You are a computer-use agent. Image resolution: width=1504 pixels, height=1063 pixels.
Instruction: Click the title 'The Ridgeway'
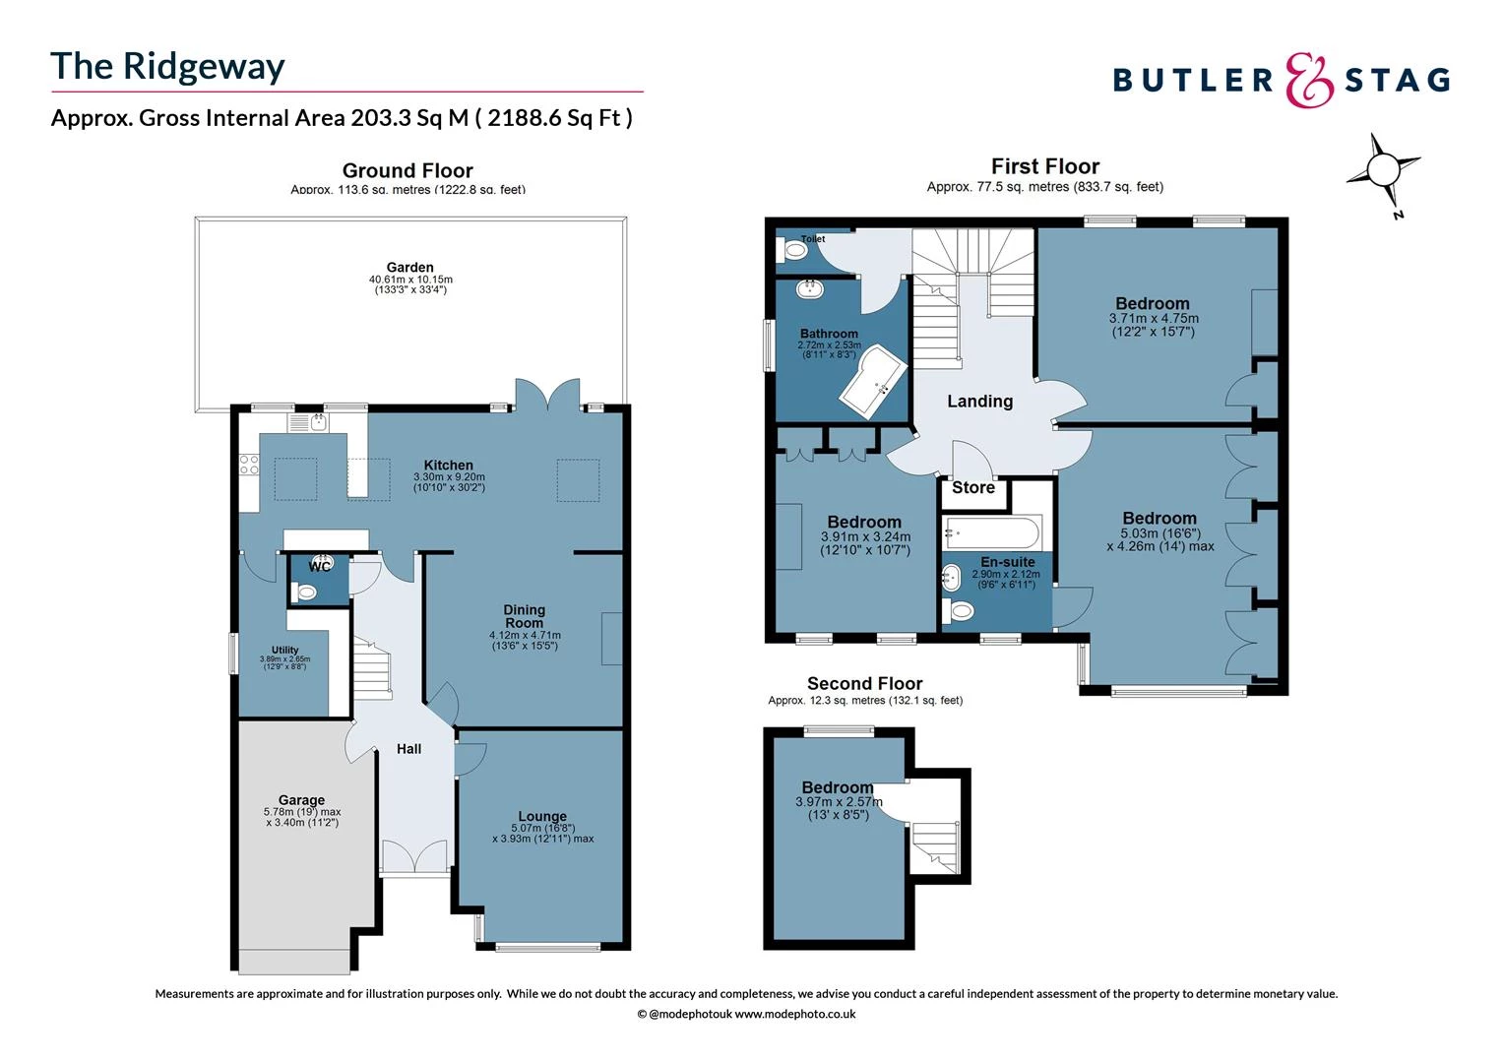click(x=167, y=67)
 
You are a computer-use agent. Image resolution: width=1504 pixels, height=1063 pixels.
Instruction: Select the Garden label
click(x=409, y=267)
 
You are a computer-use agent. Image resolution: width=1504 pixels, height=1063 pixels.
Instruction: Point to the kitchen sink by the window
click(x=318, y=423)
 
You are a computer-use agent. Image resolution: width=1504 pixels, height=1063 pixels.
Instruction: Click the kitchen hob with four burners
click(x=249, y=464)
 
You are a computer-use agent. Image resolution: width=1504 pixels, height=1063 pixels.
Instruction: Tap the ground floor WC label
click(x=319, y=567)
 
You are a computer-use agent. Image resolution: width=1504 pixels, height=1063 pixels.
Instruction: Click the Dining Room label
click(x=524, y=616)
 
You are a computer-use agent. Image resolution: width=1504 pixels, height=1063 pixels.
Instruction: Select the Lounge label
click(x=542, y=816)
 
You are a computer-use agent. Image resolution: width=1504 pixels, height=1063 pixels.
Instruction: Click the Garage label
click(x=301, y=800)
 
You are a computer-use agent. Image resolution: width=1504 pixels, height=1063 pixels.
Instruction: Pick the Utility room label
click(x=284, y=650)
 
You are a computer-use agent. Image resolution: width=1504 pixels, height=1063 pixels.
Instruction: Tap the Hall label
click(x=408, y=749)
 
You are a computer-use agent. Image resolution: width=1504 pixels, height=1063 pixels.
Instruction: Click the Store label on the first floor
click(x=972, y=488)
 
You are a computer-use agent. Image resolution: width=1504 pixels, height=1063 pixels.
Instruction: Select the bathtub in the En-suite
click(x=991, y=534)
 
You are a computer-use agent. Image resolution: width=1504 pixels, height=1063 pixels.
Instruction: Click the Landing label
click(x=979, y=402)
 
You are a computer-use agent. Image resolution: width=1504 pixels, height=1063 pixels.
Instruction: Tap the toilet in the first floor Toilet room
click(x=791, y=252)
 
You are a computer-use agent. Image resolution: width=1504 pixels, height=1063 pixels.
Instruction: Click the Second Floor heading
click(x=864, y=683)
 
